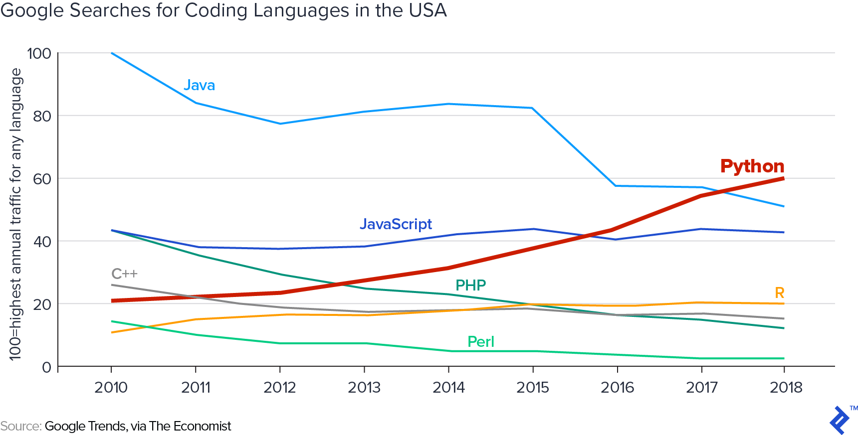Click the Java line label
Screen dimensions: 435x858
pos(199,85)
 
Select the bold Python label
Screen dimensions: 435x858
pos(752,166)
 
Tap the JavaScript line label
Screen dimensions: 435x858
pos(396,224)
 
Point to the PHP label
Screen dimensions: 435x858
pos(470,285)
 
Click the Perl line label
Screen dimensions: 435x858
pos(480,342)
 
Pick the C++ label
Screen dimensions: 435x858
pos(124,274)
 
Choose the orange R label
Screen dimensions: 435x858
pos(779,293)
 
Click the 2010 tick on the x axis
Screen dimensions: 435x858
pos(111,387)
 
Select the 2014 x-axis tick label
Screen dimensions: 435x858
pos(448,387)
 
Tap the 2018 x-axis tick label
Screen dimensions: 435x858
pos(786,387)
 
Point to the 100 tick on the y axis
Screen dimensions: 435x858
pos(39,53)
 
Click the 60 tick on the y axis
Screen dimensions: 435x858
pos(42,179)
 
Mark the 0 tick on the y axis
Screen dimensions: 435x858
pos(47,367)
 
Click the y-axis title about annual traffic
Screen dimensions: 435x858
pos(15,214)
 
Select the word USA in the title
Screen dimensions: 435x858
pos(428,10)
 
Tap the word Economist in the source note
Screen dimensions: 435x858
pos(204,426)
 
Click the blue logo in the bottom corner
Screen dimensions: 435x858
pos(840,420)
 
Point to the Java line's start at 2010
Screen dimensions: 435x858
pos(111,53)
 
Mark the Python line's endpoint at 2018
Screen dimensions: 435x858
pos(784,178)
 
